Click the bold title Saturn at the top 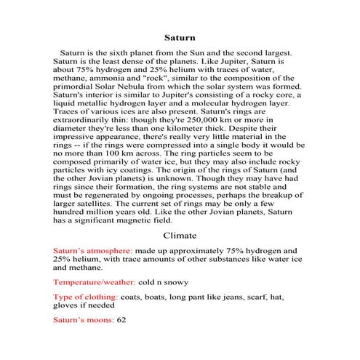click(x=179, y=36)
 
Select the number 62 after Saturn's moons click(x=121, y=320)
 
